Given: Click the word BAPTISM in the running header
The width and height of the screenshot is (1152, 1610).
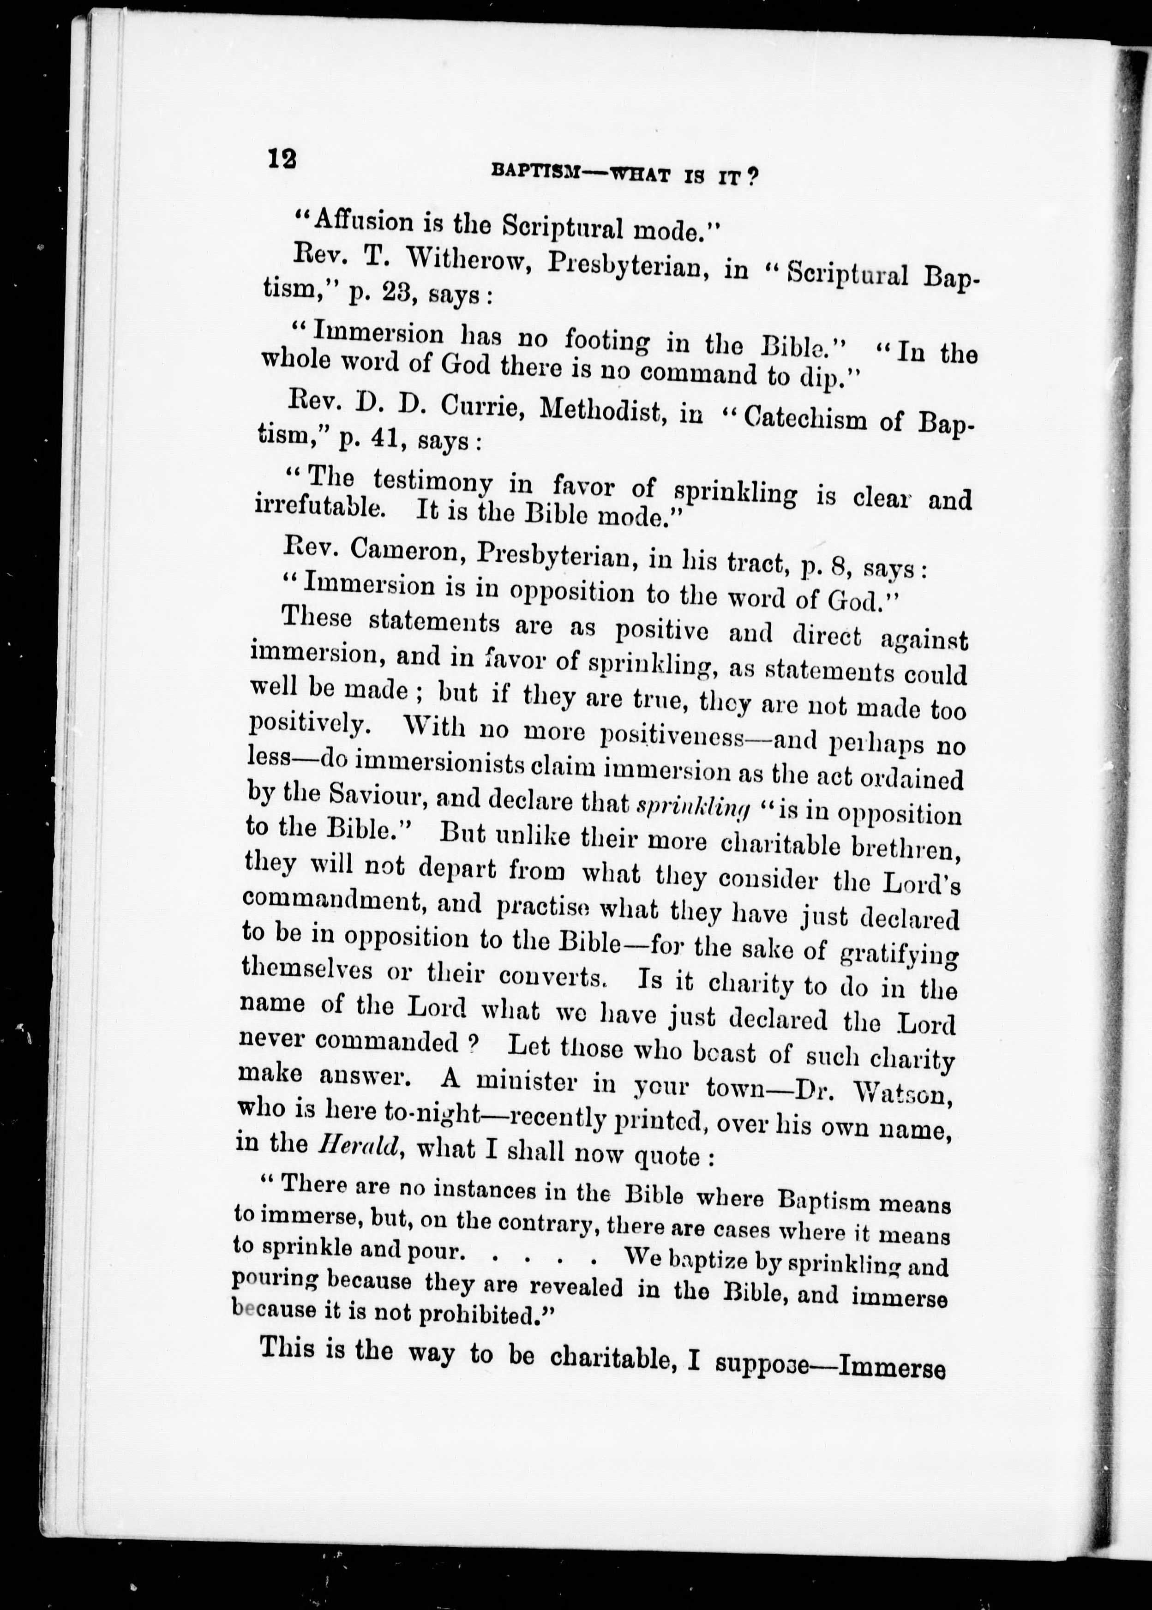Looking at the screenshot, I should point(534,170).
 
